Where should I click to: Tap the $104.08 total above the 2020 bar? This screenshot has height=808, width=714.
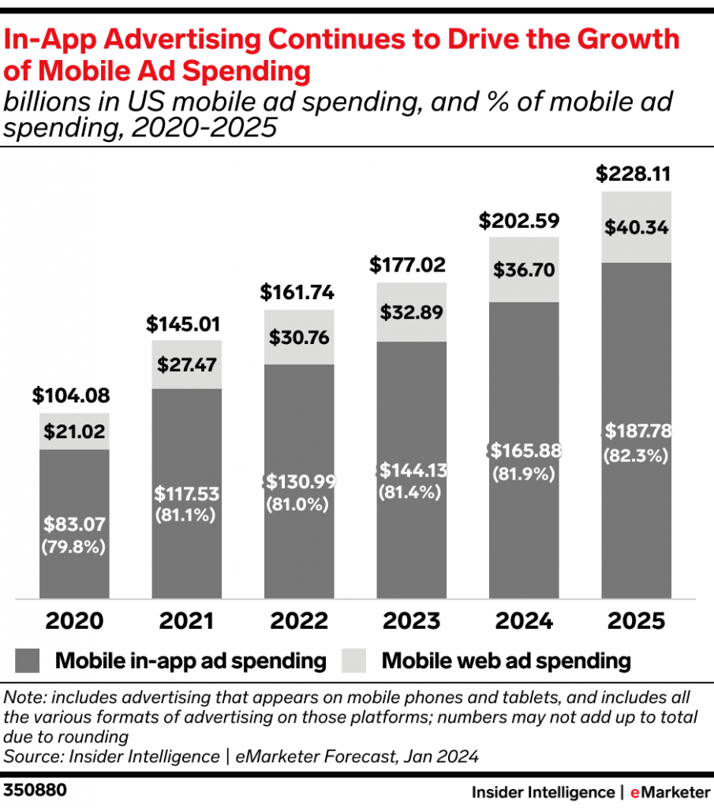(71, 395)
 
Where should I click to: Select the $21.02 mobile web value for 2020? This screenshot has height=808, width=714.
(74, 432)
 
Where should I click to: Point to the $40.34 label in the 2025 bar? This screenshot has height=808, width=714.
(636, 228)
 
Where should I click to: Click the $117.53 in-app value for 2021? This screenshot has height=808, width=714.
(187, 495)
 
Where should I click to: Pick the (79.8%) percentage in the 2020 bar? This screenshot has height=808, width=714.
(74, 546)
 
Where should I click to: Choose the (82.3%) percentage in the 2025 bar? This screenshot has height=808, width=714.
(636, 455)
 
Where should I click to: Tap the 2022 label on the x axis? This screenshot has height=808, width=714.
(299, 620)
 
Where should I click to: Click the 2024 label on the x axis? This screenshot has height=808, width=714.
(523, 620)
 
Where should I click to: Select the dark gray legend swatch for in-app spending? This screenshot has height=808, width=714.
(28, 660)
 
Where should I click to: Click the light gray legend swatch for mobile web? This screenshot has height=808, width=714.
(355, 660)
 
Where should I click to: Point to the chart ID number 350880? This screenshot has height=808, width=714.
(35, 790)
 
